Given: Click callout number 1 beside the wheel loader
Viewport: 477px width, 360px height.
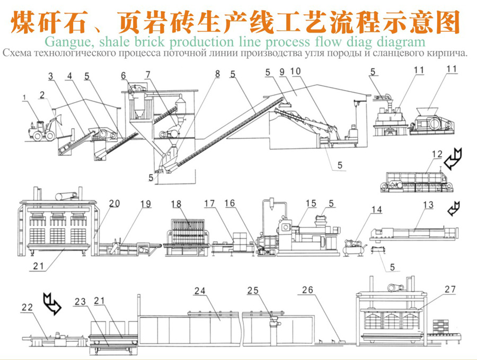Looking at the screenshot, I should (x=24, y=97).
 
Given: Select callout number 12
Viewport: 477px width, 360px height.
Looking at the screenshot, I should (x=436, y=155).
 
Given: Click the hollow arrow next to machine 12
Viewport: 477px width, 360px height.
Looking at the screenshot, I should (x=454, y=159).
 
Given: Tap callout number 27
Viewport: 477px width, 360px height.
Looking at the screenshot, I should (x=449, y=289).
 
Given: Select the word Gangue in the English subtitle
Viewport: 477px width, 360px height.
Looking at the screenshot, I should (x=64, y=41).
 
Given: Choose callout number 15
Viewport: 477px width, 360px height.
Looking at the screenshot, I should (x=311, y=204).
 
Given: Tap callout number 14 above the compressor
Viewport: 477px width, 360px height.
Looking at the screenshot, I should (x=376, y=209).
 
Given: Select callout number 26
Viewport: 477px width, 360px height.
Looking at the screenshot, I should (x=307, y=291).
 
